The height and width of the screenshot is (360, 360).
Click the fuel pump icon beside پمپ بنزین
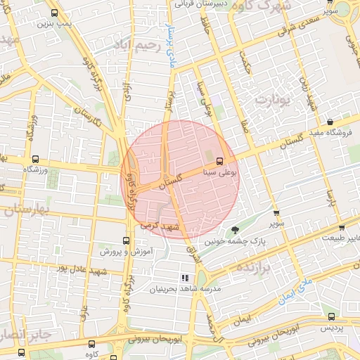click(x=54, y=12)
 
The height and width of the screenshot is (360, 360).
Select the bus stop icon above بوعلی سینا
click(x=219, y=160)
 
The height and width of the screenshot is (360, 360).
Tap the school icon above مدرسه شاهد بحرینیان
click(x=186, y=278)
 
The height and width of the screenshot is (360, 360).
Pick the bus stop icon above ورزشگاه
click(x=35, y=159)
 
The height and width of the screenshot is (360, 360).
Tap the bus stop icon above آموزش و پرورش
click(x=127, y=240)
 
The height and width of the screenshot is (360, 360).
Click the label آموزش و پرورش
click(x=120, y=251)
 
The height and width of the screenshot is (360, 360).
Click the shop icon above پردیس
click(x=331, y=317)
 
